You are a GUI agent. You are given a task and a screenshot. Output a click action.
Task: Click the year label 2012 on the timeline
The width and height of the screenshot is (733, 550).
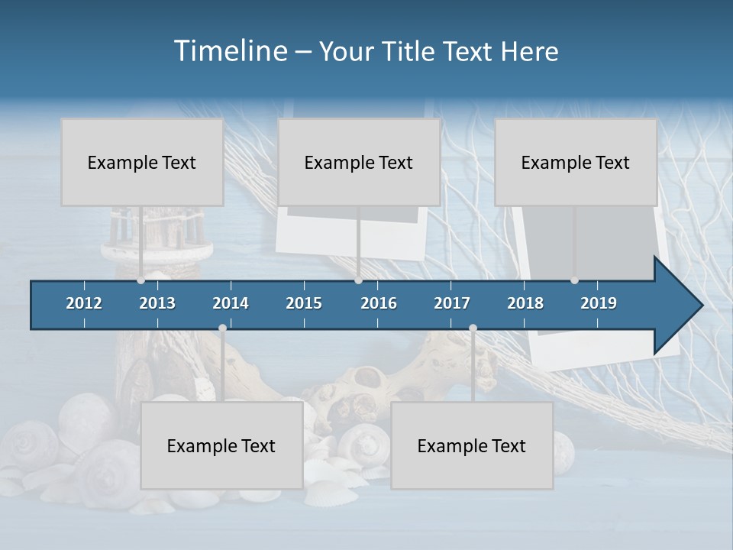84,303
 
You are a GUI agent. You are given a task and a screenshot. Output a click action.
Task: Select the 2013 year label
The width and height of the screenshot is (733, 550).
157,303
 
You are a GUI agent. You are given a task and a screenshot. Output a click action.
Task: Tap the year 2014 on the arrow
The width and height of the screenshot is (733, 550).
231,303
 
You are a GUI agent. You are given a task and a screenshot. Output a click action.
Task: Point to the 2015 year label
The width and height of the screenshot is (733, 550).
304,303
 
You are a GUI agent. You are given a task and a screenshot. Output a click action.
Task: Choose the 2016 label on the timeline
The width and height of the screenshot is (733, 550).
379,303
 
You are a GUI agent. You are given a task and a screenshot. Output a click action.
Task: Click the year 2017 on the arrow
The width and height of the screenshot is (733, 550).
452,303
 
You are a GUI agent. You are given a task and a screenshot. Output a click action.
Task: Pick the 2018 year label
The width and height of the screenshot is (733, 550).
525,303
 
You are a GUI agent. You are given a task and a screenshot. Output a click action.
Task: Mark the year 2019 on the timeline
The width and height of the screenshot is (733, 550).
599,303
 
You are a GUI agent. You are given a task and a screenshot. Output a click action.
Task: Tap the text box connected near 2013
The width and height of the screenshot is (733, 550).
142,162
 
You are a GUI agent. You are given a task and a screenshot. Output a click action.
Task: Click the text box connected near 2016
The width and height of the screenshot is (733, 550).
359,162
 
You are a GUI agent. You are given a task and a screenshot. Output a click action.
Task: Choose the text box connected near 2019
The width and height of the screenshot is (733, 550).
576,162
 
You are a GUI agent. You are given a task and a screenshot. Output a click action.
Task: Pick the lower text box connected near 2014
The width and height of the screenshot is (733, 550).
221,446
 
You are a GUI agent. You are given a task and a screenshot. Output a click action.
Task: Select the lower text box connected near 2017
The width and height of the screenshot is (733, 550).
472,446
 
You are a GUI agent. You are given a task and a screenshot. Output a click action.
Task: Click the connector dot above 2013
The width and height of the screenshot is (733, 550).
141,280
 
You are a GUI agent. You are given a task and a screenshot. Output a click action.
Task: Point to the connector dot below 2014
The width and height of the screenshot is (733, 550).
222,328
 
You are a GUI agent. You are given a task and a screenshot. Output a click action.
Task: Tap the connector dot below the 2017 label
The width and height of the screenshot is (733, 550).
473,328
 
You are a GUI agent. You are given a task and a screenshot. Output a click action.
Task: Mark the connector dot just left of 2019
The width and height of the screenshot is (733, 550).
575,280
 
